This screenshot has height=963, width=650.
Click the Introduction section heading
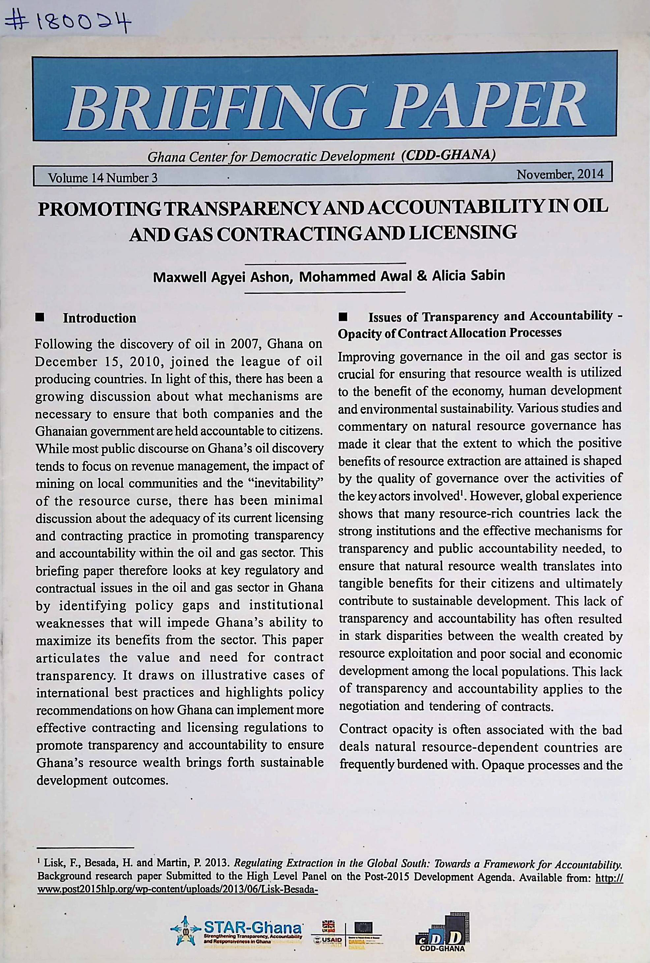(x=100, y=318)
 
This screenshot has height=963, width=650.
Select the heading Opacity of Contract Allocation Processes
(x=450, y=333)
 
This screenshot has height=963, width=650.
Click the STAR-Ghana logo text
(x=253, y=925)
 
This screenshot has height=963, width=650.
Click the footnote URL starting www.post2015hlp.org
(x=177, y=888)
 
